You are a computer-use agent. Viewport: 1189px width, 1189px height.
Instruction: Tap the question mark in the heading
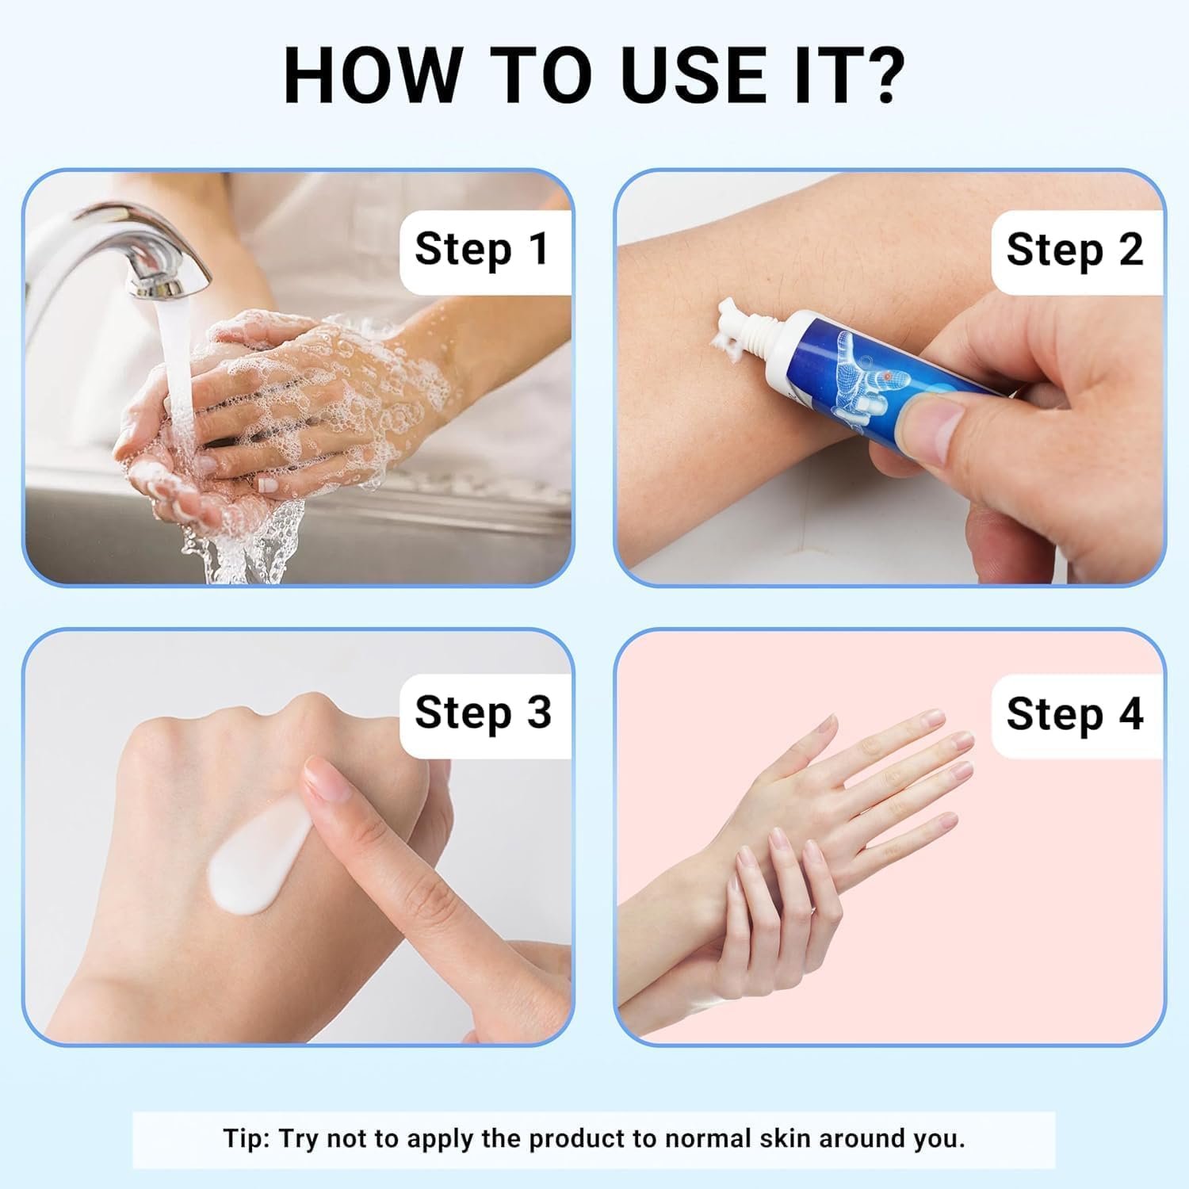[881, 75]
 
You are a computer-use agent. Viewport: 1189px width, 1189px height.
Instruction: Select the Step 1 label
[482, 249]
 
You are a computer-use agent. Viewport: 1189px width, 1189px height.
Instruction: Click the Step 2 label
[1075, 249]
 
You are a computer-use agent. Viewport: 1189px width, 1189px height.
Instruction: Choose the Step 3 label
[483, 712]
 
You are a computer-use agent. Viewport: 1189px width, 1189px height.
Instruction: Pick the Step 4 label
[1075, 713]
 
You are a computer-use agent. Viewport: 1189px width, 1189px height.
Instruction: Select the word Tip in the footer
[247, 1138]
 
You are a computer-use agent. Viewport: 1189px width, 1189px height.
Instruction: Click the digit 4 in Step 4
[1130, 713]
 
